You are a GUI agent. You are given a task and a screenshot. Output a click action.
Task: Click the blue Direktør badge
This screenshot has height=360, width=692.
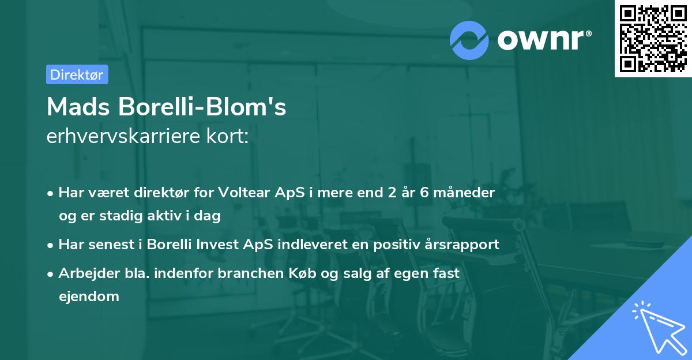click(77, 74)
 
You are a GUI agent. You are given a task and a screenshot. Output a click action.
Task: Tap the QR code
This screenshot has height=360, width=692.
click(653, 39)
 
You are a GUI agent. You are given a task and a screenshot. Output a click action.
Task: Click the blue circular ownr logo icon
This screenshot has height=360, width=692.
click(469, 40)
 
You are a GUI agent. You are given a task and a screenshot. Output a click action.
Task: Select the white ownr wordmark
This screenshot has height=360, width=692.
click(544, 40)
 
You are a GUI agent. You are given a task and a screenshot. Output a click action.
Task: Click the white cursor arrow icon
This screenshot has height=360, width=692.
click(660, 328)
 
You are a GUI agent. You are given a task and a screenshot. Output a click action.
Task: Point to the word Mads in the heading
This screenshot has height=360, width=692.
click(78, 107)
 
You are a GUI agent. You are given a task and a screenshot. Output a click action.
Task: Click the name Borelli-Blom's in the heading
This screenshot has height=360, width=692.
click(202, 107)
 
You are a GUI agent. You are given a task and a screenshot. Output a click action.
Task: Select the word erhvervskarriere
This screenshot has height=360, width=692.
click(123, 136)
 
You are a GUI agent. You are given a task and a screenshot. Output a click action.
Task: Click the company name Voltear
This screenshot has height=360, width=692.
click(244, 193)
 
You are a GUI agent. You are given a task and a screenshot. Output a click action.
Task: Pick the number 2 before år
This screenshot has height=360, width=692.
click(392, 193)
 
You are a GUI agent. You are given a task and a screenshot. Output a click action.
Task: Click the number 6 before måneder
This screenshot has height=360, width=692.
click(424, 193)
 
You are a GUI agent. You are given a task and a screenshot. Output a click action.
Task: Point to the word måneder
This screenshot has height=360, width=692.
click(464, 193)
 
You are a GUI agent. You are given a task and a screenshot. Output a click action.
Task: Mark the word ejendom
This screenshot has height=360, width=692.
click(89, 297)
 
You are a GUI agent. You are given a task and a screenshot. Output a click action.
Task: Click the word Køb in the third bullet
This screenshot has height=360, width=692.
click(302, 273)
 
